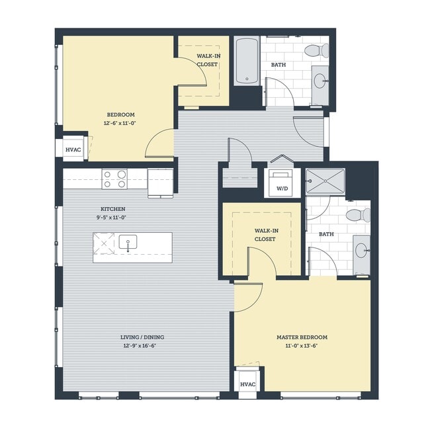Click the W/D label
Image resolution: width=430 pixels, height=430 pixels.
[281, 188]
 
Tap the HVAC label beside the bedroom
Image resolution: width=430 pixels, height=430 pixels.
[73, 150]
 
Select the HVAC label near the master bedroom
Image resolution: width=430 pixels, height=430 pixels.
[247, 384]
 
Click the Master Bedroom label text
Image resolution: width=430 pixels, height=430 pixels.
[302, 337]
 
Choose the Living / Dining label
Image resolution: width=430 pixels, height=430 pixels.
[144, 337]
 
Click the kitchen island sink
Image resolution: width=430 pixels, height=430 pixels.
[128, 243]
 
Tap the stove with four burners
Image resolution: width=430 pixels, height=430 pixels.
[114, 179]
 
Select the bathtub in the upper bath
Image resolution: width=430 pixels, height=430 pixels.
[247, 61]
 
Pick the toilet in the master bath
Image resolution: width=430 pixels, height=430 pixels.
[359, 215]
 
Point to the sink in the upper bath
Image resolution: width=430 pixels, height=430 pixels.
[320, 82]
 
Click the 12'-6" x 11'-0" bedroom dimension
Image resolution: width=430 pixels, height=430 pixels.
[119, 123]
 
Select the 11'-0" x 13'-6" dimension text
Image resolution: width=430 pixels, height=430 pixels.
[302, 345]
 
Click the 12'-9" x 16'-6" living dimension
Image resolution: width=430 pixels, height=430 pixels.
[144, 345]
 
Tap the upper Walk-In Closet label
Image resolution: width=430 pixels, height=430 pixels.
[208, 60]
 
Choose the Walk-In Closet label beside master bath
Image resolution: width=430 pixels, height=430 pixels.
[265, 235]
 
